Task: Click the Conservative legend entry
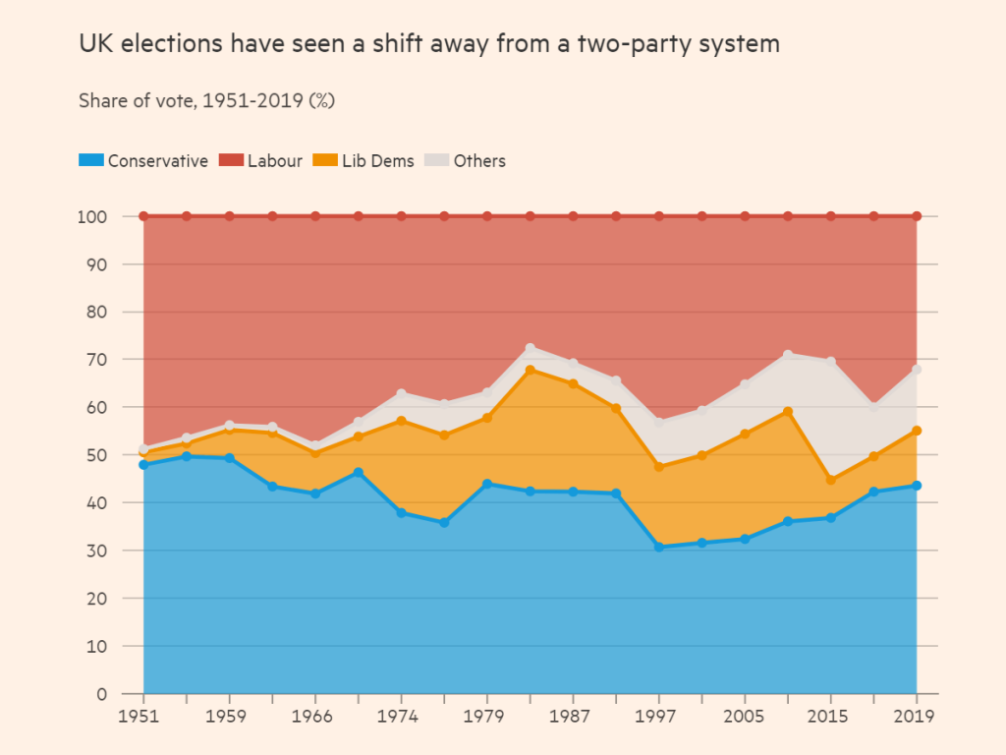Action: coord(143,161)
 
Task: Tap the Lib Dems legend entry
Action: coord(364,161)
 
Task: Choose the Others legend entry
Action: coord(466,161)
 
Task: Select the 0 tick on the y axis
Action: coord(101,694)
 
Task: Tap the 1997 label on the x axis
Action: coord(659,717)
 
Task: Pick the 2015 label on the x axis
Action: coord(831,717)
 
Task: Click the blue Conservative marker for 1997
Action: coord(659,547)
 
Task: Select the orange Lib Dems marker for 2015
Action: coord(831,480)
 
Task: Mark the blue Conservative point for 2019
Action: coord(917,486)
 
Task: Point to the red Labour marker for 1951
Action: coord(143,216)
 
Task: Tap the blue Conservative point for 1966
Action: coord(315,494)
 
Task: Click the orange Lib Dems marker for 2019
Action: coord(917,431)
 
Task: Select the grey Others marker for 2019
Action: coord(917,370)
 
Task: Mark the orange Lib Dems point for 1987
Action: coord(573,384)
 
